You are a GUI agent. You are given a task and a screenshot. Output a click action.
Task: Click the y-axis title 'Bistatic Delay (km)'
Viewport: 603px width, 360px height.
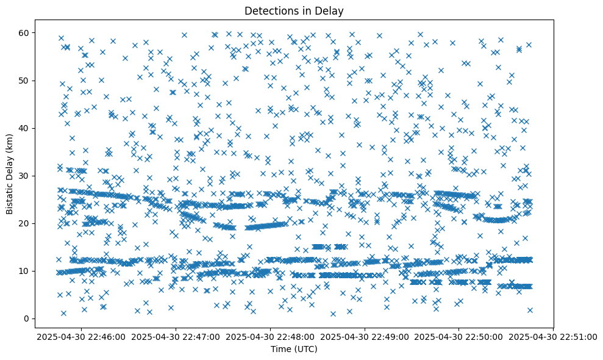pos(10,173)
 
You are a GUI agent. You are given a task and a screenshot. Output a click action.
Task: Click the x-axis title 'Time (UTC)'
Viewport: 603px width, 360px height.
pos(294,349)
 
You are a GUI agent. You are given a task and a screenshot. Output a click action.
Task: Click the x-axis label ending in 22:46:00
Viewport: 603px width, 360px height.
pos(82,336)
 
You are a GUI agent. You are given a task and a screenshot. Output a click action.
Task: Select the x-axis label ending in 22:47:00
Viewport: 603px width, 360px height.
pos(176,336)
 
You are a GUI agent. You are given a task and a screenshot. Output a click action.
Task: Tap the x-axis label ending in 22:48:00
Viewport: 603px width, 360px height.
pos(271,336)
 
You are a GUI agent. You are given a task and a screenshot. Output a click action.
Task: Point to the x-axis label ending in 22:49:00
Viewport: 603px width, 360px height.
pos(365,336)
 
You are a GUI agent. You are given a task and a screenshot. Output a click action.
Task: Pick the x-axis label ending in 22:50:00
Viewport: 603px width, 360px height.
pos(459,336)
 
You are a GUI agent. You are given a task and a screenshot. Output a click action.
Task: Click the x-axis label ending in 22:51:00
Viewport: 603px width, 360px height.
pos(554,336)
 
